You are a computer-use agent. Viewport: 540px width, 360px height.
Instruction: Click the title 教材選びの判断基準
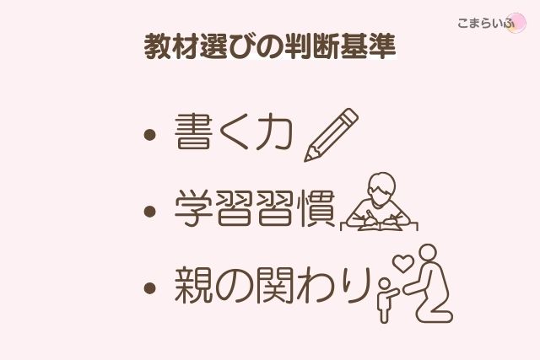coord(269,46)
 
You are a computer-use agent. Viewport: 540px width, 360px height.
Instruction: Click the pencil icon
coord(330,135)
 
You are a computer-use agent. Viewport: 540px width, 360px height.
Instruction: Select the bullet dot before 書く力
coord(150,135)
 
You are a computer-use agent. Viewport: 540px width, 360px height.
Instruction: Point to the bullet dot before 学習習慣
coord(150,210)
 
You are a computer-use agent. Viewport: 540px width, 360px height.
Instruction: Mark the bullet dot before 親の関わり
coord(150,287)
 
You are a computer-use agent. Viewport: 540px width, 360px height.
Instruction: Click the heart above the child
coord(402,264)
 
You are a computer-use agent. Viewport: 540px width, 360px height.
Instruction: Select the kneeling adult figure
coord(430,287)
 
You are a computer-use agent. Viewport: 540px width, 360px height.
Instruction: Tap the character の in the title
coord(265,47)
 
